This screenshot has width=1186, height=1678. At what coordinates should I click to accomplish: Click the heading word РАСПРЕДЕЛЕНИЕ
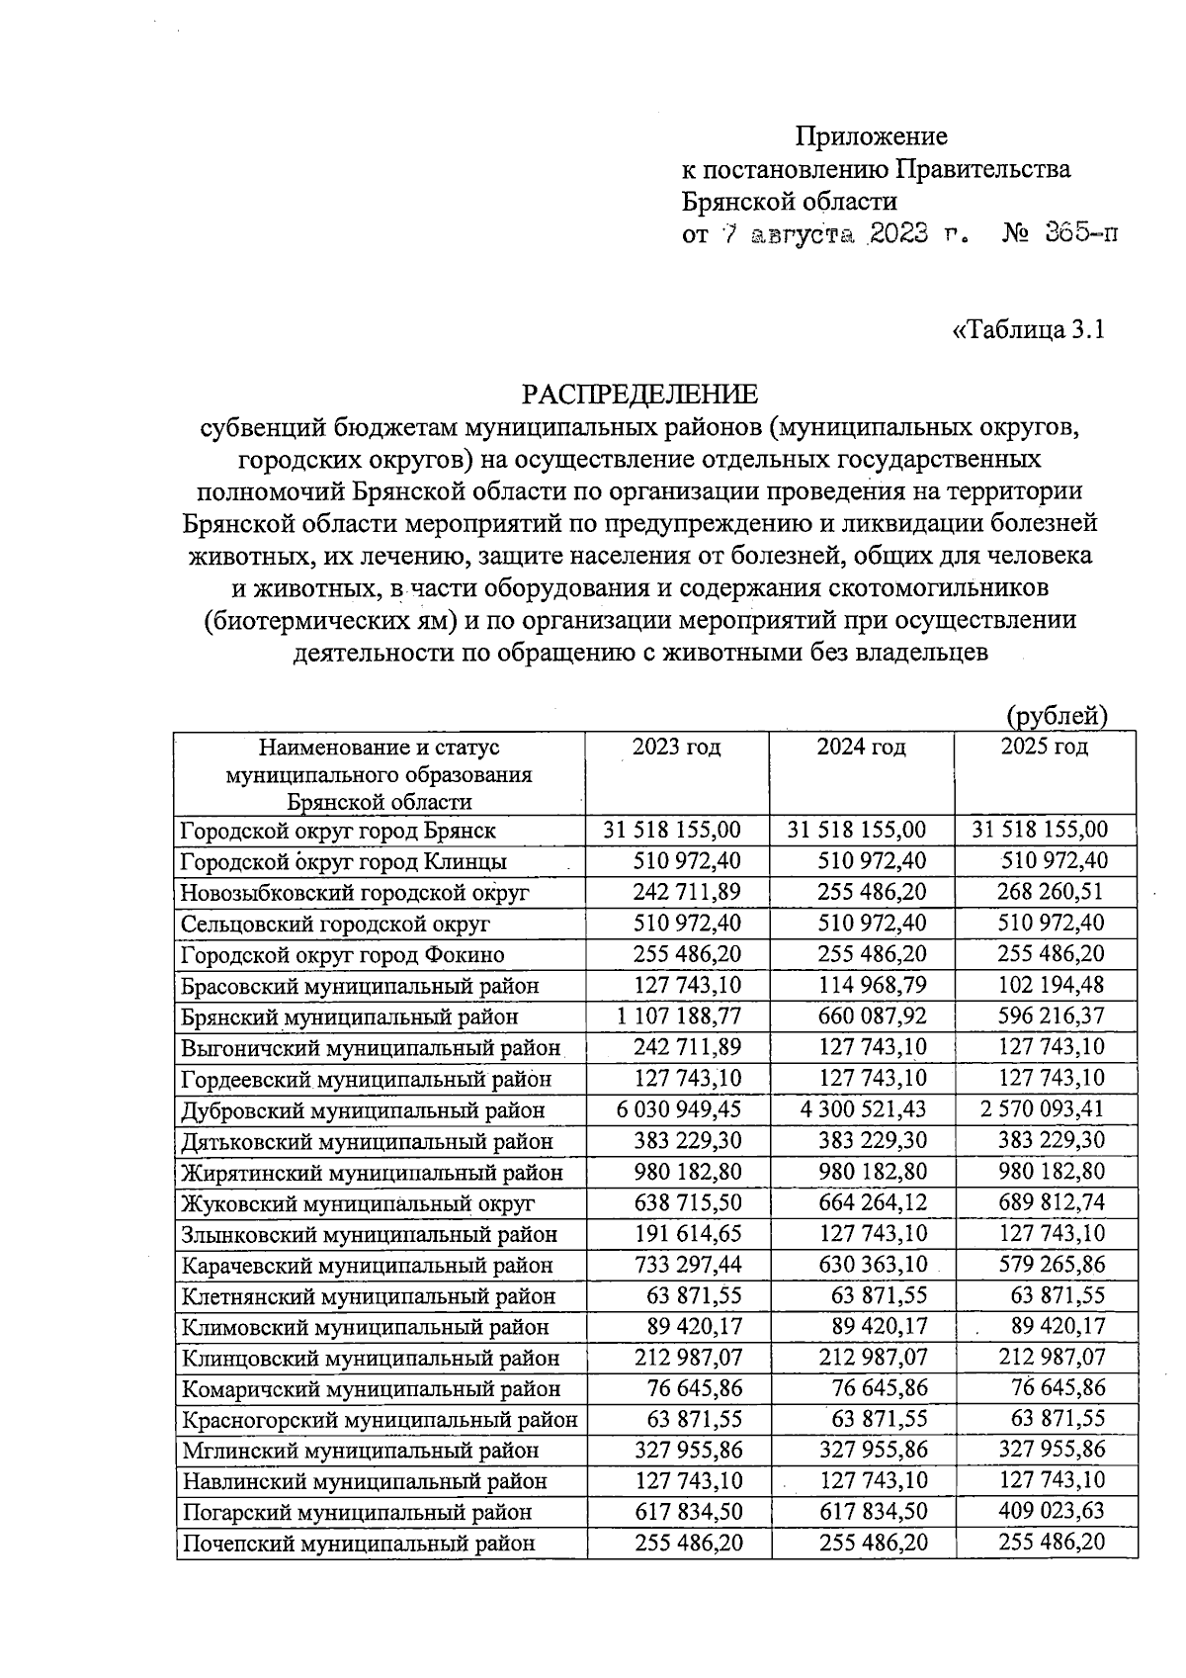pyautogui.click(x=640, y=395)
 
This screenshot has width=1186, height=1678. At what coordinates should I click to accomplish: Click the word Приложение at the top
pyautogui.click(x=872, y=135)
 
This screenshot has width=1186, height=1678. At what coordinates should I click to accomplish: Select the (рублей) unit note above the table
pyautogui.click(x=1057, y=715)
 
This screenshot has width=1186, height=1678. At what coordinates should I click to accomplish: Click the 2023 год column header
pyautogui.click(x=677, y=747)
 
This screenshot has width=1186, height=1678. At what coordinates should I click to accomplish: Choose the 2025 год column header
pyautogui.click(x=1044, y=747)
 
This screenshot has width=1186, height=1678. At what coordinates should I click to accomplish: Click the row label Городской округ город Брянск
pyautogui.click(x=338, y=831)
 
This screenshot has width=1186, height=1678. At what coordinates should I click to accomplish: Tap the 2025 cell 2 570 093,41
pyautogui.click(x=1043, y=1109)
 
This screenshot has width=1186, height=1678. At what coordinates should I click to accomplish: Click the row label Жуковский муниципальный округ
pyautogui.click(x=357, y=1203)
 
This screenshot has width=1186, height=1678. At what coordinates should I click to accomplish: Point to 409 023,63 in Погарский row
pyautogui.click(x=1052, y=1512)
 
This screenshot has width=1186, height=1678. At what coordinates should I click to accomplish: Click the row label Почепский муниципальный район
pyautogui.click(x=358, y=1543)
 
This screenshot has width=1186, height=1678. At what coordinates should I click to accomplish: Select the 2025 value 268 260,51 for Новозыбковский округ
pyautogui.click(x=1052, y=892)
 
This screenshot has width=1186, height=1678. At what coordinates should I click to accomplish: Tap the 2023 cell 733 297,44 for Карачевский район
pyautogui.click(x=687, y=1265)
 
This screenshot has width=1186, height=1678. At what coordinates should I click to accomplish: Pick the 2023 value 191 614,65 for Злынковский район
pyautogui.click(x=687, y=1234)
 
